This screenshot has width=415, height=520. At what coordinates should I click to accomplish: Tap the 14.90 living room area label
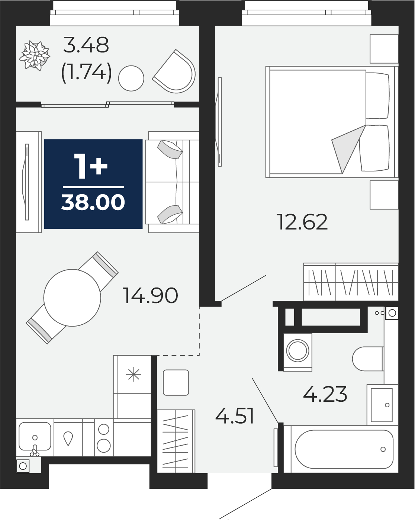(150, 295)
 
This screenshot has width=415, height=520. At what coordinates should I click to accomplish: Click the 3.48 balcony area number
(86, 45)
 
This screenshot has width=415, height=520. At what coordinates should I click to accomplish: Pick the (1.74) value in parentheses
(87, 72)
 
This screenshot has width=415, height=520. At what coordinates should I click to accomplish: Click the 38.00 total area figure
(93, 202)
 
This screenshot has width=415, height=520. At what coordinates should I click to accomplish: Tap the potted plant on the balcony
(35, 55)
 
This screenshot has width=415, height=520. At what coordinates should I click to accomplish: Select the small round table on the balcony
(131, 78)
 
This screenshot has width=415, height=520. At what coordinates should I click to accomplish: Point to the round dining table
(72, 298)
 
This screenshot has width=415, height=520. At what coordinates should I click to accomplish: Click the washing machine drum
(297, 350)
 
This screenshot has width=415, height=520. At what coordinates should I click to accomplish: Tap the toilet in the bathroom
(367, 359)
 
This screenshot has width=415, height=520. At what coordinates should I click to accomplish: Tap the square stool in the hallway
(176, 382)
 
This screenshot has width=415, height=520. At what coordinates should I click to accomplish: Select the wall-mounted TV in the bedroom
(219, 122)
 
